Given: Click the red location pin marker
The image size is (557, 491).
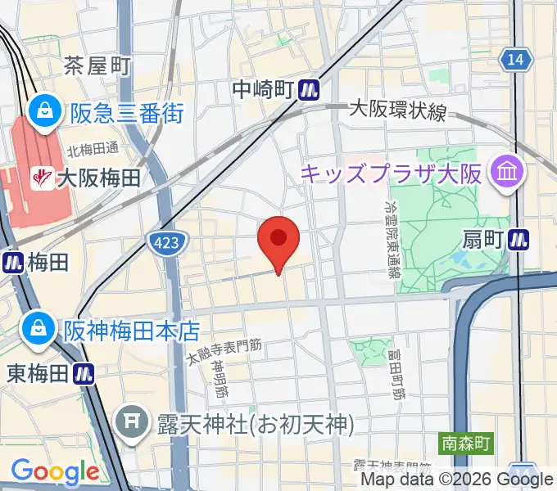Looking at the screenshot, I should click(x=278, y=240).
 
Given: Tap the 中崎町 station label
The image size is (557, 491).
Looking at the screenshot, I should click(x=263, y=89).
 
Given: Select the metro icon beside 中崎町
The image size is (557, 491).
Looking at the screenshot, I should click(x=309, y=89).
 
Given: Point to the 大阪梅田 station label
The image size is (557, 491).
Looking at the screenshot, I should click(x=97, y=176).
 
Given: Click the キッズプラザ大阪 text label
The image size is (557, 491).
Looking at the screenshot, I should click(x=393, y=173).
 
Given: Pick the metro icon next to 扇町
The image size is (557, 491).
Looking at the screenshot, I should click(x=519, y=240).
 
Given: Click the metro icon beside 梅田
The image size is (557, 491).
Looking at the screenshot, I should click(x=13, y=262).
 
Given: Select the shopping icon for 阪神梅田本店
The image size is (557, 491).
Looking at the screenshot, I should click(x=38, y=330).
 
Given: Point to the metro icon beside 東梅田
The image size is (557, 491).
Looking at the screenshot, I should click(x=84, y=373).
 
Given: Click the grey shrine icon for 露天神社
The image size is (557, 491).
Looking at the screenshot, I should click(x=131, y=423).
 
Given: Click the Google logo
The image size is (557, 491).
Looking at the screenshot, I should click(x=55, y=471).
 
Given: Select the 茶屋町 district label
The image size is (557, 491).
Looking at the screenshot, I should click(x=97, y=65).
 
